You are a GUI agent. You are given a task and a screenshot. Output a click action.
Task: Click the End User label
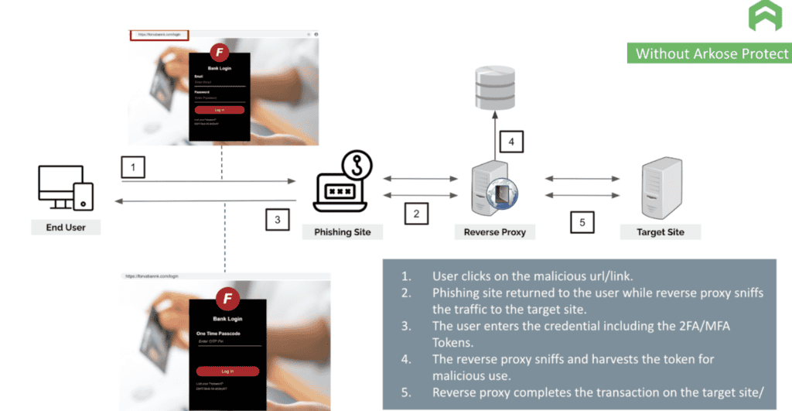point(66,228)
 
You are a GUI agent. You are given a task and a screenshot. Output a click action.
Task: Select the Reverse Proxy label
point(495,231)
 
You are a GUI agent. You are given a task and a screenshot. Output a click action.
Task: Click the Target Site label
point(661,231)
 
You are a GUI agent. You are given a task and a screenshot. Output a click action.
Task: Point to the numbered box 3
point(278,220)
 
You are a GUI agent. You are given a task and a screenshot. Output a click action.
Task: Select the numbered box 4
point(511,142)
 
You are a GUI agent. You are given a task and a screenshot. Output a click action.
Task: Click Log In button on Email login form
point(219,110)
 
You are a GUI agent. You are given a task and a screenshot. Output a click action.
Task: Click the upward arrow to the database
point(494,132)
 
